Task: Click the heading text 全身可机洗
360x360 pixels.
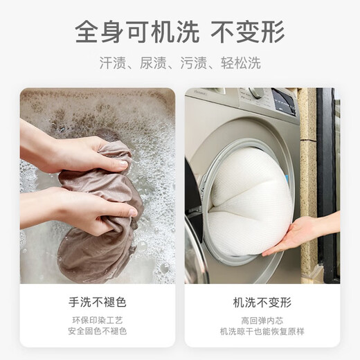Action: pyautogui.click(x=137, y=32)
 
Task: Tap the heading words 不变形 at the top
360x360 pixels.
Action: pyautogui.click(x=248, y=32)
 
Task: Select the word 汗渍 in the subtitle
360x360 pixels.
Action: pyautogui.click(x=113, y=63)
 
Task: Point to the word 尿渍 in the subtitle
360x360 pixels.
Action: pyautogui.click(x=153, y=63)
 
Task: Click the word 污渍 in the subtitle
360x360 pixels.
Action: pyautogui.click(x=194, y=63)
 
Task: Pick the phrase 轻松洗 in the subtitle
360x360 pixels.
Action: pyautogui.click(x=241, y=63)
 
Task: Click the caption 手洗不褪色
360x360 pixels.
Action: pyautogui.click(x=98, y=302)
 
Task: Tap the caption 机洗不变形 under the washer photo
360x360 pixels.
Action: pyautogui.click(x=262, y=302)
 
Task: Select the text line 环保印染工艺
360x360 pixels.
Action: pyautogui.click(x=98, y=321)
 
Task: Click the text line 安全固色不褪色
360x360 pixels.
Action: pyautogui.click(x=98, y=331)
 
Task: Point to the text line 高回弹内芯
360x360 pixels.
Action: pyautogui.click(x=262, y=321)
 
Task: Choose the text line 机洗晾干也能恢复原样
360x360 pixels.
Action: pyautogui.click(x=262, y=332)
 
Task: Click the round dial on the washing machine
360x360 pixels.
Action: pyautogui.click(x=257, y=93)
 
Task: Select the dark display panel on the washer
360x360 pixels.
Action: pyautogui.click(x=284, y=102)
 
